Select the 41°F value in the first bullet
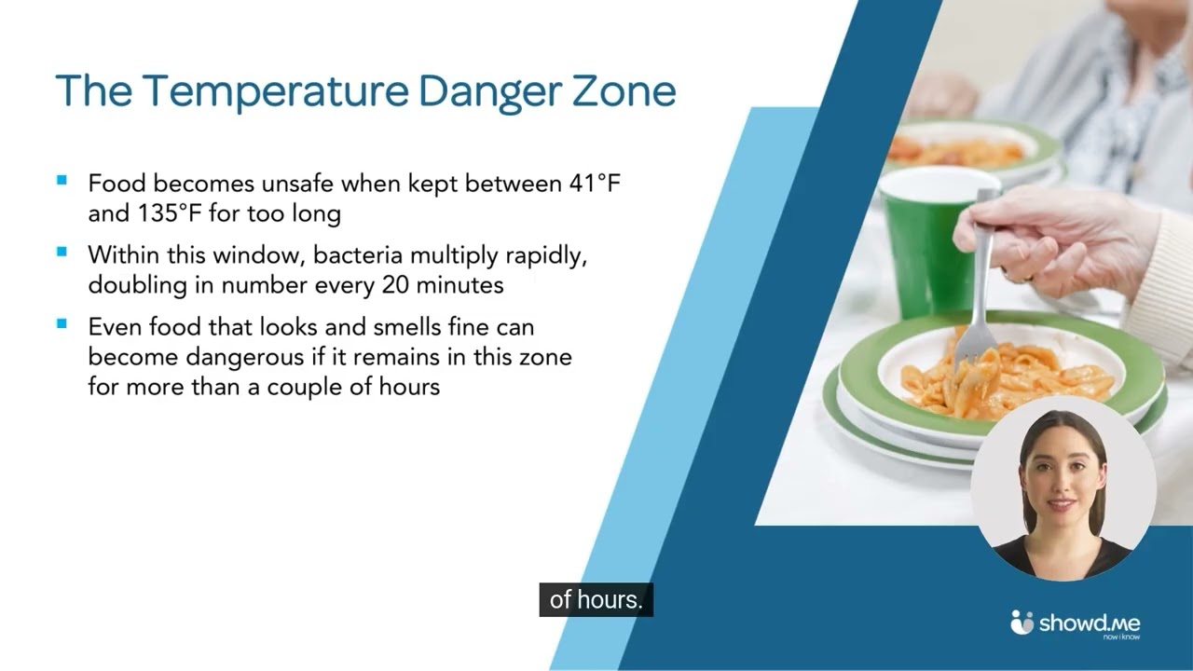tap(595, 184)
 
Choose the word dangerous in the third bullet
tap(243, 357)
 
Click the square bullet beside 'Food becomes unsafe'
tap(62, 181)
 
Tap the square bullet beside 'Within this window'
tap(62, 252)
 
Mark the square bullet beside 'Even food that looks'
tap(62, 324)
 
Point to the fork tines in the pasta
tap(975, 340)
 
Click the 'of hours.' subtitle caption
tap(596, 600)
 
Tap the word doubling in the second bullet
tap(136, 285)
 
